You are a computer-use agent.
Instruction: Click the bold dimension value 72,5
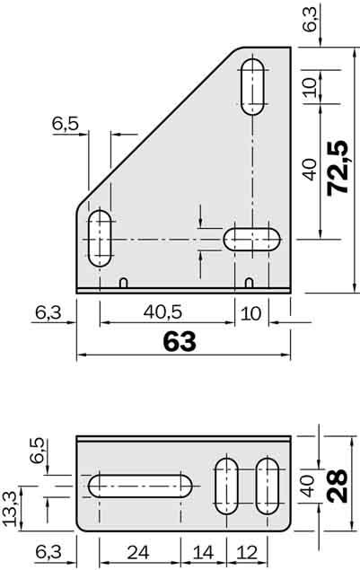tap(338, 168)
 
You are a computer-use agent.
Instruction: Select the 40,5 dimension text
tap(163, 312)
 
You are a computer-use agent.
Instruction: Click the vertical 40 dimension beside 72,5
tap(310, 170)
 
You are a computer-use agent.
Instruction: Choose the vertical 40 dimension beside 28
tap(307, 487)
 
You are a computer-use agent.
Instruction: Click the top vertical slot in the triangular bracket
tap(254, 85)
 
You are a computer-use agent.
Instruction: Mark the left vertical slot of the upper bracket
tap(100, 238)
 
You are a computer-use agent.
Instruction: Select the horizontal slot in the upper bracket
tap(252, 239)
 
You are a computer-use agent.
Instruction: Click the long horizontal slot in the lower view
tap(142, 486)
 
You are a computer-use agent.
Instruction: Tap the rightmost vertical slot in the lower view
tap(267, 486)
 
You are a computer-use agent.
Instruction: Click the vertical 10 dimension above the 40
tap(310, 88)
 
